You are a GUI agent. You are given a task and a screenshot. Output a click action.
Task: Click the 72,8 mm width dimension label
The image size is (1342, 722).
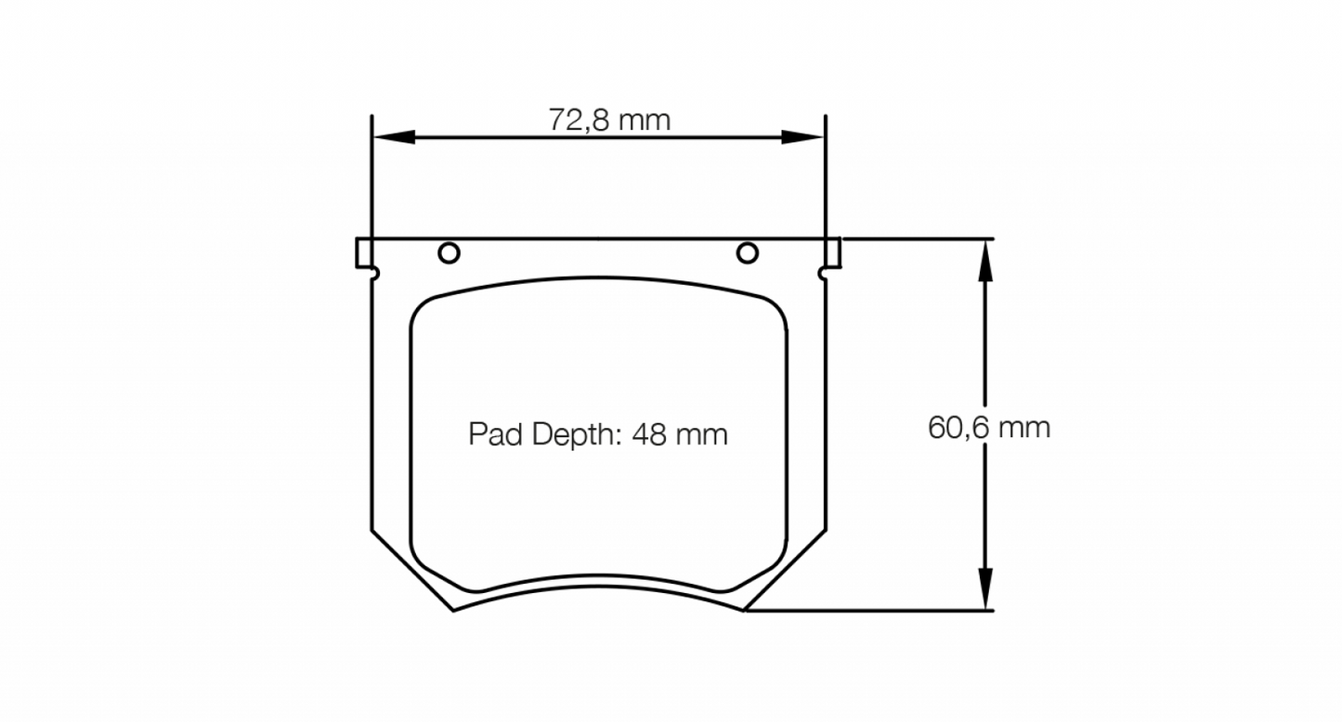click(x=609, y=120)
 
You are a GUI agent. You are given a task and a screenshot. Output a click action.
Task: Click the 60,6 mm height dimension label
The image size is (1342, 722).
click(x=988, y=428)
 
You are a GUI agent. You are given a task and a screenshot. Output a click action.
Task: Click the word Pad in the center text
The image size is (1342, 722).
click(x=492, y=434)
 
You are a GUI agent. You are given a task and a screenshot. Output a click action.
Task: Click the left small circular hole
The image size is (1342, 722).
click(x=449, y=252)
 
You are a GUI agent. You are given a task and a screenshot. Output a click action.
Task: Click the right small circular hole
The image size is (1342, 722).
click(x=748, y=252)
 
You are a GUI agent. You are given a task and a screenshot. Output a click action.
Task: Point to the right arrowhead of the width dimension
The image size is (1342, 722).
click(x=803, y=137)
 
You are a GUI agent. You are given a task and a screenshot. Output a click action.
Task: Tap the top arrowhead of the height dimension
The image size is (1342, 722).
click(x=984, y=260)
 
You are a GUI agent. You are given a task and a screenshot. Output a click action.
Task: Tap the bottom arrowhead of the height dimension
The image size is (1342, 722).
click(x=984, y=589)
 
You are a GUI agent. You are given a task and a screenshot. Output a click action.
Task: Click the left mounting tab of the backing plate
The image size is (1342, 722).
click(x=363, y=251)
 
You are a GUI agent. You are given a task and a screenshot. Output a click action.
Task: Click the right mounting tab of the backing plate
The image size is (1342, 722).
click(x=833, y=251)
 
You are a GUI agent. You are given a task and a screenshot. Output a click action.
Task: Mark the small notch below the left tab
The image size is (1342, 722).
click(x=375, y=273)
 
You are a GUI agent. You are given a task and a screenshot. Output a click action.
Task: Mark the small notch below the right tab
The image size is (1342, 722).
click(x=822, y=273)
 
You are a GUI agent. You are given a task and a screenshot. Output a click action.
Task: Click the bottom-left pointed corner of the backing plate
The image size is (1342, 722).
click(x=453, y=611)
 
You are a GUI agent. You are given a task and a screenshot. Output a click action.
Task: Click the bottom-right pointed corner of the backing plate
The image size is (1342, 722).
click(x=744, y=611)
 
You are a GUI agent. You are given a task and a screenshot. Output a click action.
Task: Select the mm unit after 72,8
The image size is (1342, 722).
click(x=645, y=120)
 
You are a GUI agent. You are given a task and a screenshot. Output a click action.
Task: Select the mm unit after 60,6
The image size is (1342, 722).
click(x=1025, y=428)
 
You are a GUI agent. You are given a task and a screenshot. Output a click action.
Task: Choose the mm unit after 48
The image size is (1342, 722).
click(x=702, y=434)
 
